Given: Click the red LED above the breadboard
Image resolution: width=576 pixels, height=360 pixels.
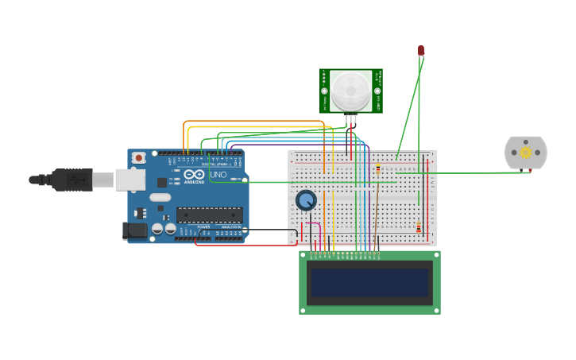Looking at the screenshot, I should point(421,50).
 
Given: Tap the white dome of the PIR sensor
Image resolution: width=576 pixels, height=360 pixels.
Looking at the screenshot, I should point(350,90).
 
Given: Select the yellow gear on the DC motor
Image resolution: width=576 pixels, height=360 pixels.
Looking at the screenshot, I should point(525,152).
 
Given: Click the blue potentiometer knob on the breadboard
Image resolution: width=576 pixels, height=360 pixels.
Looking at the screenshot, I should point(306,200).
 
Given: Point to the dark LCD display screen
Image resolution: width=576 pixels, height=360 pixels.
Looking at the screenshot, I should point(369,282).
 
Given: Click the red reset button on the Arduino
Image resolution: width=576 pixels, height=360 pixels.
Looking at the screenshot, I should point(139,157).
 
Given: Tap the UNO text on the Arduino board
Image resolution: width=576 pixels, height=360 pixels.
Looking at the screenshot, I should point(218,174).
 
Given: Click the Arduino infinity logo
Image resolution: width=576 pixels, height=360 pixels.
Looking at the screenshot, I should point(194,174).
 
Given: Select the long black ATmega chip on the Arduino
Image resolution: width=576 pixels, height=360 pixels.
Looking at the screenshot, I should point(210,214).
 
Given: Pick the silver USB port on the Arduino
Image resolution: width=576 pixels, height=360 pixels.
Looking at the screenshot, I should point(130,180).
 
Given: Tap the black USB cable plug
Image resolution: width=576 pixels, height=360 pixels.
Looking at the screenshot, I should point(72,180).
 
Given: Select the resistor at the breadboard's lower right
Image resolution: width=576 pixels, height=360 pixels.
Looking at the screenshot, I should point(419,228).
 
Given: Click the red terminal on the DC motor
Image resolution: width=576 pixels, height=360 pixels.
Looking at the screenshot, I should point(532,169).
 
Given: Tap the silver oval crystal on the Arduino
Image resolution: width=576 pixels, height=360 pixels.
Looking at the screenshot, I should point(160,197).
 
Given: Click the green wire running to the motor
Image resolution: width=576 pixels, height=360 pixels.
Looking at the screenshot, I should point(477,172).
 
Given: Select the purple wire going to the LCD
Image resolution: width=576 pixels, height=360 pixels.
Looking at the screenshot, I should point(369,199).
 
